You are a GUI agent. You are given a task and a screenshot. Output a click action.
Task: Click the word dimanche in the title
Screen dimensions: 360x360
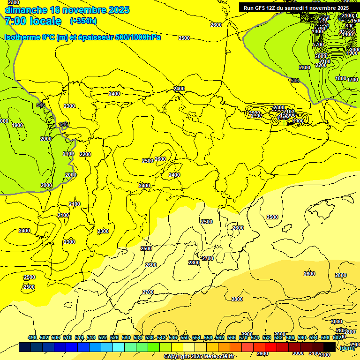pos(26,10)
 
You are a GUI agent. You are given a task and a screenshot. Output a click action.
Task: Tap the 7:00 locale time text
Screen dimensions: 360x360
pos(33,21)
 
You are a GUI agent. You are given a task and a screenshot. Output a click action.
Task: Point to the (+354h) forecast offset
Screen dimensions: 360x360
pos(83,21)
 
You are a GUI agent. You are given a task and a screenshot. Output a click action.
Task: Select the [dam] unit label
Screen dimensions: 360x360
pos(347,348)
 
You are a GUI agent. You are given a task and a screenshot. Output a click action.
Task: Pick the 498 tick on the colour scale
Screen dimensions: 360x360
pos(32,337)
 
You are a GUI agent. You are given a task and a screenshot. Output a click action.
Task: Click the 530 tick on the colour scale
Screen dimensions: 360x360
pos(126,337)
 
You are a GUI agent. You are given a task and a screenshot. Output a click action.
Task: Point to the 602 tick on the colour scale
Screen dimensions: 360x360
pos(337,337)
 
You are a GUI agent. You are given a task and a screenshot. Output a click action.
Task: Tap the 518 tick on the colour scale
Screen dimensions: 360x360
pos(91,337)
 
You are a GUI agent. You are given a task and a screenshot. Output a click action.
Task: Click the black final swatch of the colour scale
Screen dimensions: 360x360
pos(330,347)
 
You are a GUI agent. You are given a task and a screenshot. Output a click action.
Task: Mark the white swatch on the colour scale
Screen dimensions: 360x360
pos(189,347)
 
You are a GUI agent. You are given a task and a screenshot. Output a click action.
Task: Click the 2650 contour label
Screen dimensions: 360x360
pos(321,56)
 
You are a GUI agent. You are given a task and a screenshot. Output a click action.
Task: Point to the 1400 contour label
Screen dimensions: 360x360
pos(347,34)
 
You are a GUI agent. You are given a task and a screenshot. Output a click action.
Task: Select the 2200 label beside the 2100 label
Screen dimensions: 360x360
pos(85,154)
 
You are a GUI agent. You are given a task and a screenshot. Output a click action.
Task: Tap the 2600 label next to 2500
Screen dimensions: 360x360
pos(160,159)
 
